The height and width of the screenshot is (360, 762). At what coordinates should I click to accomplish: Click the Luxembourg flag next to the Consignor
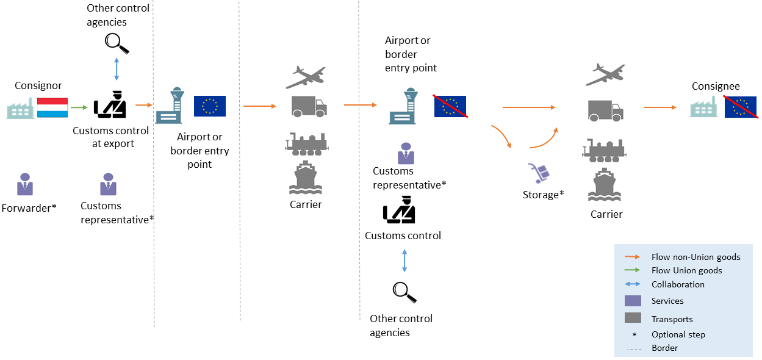[52, 107]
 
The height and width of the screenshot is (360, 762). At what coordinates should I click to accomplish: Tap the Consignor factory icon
[20, 109]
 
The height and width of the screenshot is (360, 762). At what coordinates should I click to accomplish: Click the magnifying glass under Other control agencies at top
[117, 43]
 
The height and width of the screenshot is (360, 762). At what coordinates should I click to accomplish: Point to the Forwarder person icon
[25, 184]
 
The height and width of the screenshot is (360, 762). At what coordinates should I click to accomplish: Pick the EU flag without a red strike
[209, 106]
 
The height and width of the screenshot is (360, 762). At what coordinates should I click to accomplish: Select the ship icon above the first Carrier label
[306, 178]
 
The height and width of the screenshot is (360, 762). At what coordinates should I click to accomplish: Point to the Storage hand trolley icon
[540, 173]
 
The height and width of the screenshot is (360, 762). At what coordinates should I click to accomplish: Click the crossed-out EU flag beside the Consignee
[740, 107]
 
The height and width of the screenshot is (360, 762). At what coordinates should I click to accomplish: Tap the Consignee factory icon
[703, 108]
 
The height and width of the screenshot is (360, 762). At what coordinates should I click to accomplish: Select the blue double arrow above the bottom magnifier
[404, 261]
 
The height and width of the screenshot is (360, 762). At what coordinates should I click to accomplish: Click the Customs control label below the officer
[403, 236]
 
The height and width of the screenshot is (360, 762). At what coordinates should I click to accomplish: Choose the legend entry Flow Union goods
[686, 270]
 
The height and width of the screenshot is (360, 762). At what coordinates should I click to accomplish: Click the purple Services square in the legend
[633, 301]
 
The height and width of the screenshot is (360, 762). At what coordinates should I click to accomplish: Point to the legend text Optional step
[678, 334]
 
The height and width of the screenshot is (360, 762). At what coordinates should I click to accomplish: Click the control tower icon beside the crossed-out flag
[402, 106]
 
